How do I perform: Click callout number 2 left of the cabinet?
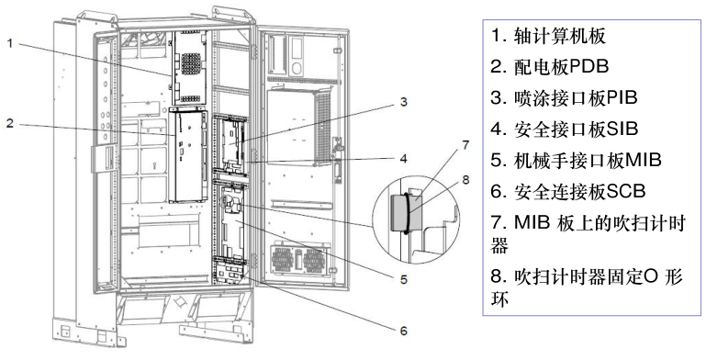coord(11,123)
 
